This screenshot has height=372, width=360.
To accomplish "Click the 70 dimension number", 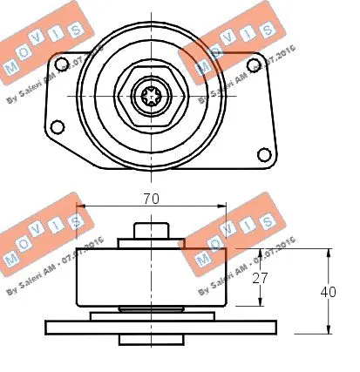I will coord(152,199).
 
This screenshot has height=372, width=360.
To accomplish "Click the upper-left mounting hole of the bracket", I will coord(62,63).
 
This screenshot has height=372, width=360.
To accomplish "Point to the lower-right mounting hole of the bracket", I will coord(264,154).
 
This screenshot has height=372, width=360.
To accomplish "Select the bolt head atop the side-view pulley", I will coord(152,233).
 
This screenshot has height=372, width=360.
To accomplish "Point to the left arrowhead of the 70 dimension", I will coord(81,207).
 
